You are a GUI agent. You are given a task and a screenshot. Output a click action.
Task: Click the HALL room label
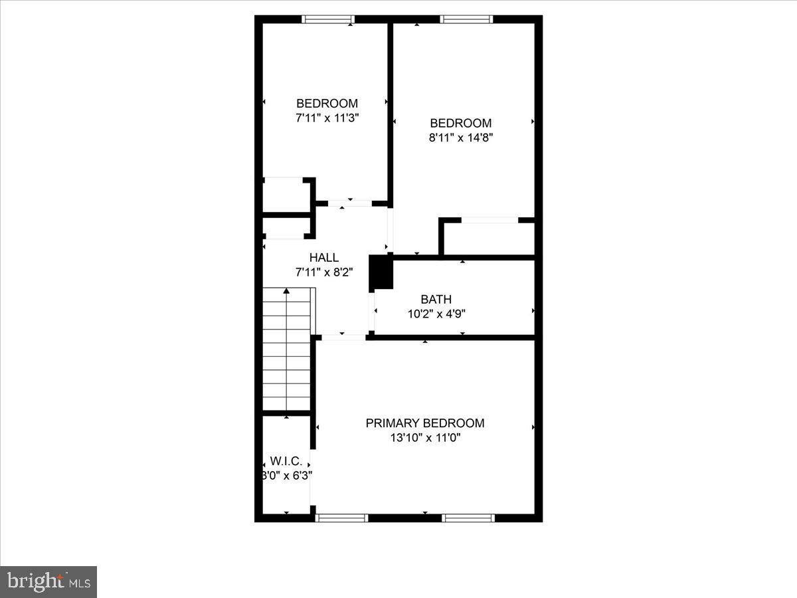[323, 258]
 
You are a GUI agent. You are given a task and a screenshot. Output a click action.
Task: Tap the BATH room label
[436, 300]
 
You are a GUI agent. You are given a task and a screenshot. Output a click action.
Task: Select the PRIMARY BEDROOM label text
[425, 423]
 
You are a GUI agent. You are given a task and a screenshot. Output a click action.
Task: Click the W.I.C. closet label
[286, 461]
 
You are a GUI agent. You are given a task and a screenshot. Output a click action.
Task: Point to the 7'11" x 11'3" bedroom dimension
[327, 118]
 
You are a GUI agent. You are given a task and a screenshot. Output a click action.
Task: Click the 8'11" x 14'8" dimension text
[461, 138]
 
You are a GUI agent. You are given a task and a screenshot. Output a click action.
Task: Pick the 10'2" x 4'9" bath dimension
[436, 314]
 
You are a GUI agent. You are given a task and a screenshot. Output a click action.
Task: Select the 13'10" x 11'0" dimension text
[426, 438]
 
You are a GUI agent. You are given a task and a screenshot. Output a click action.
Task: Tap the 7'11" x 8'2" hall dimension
[323, 272]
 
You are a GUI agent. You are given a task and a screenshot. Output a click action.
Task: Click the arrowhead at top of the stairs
[286, 290]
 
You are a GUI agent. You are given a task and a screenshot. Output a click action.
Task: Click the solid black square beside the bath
[381, 272]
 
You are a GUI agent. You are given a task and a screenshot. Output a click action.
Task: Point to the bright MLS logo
[48, 581]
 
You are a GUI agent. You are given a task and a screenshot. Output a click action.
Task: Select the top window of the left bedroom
[327, 19]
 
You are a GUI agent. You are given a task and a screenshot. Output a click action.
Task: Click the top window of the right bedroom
[467, 19]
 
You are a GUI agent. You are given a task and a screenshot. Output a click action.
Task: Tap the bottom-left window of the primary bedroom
[342, 518]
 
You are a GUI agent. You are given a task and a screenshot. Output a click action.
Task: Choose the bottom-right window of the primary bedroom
[468, 518]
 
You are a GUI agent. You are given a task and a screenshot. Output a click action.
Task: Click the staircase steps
[286, 352]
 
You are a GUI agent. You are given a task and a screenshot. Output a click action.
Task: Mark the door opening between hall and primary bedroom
[343, 338]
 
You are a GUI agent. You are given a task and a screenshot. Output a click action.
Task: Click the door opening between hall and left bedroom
[349, 203]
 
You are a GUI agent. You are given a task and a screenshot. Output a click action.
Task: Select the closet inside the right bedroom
[489, 238]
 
